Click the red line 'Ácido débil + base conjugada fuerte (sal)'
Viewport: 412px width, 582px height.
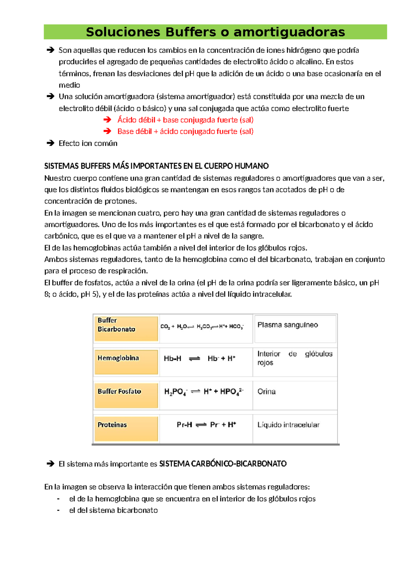point(185,120)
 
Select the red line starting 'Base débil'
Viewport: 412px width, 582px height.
point(185,131)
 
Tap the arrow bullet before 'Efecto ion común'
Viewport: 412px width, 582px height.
point(50,143)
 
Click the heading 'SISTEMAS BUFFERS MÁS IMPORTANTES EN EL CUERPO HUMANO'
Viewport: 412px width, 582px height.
point(156,166)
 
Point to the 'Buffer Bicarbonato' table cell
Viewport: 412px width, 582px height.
point(126,328)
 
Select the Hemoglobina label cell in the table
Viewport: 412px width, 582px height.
point(126,362)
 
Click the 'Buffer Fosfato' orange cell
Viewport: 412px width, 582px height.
point(126,395)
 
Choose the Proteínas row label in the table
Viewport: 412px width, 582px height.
point(126,428)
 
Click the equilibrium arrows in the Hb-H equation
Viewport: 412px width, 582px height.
point(194,359)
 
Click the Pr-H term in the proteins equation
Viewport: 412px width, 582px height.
point(184,425)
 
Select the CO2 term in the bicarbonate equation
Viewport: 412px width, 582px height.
point(165,327)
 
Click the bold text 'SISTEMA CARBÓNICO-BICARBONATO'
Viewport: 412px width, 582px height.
point(223,464)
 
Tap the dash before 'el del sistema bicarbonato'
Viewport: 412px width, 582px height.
point(58,510)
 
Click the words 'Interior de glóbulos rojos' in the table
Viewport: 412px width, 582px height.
point(295,358)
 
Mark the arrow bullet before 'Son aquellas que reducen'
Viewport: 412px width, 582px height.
point(50,50)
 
